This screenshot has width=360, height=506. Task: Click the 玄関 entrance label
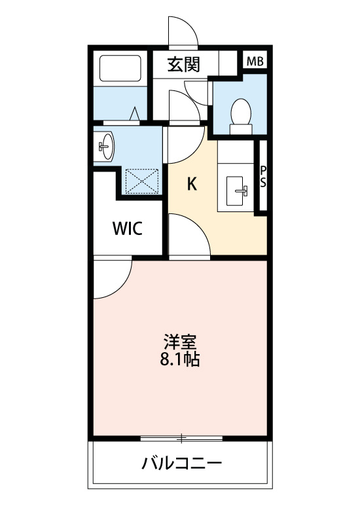click(x=184, y=65)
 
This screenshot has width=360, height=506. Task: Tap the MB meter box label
click(x=255, y=62)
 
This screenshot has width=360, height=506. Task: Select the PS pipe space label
click(x=263, y=177)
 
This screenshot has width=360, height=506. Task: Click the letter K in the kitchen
click(x=192, y=184)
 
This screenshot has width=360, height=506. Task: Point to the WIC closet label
click(x=128, y=228)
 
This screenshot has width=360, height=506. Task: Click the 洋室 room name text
click(x=180, y=342)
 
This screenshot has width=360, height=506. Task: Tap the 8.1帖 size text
click(x=180, y=359)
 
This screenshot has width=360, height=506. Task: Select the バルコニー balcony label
click(x=182, y=463)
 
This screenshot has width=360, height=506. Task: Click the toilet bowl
click(x=241, y=111)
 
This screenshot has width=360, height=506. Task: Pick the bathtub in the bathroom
click(x=120, y=69)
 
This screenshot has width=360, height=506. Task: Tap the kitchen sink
click(x=235, y=190)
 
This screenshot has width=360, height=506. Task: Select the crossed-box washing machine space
click(x=142, y=181)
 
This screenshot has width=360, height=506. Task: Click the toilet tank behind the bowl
click(x=241, y=130)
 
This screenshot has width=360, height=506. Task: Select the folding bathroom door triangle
click(x=135, y=114)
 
